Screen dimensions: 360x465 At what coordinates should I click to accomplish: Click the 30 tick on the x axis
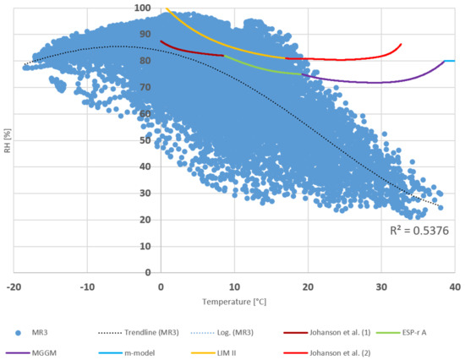pyautogui.click(x=381, y=287)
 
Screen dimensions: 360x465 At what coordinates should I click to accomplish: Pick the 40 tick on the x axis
pyautogui.click(x=454, y=287)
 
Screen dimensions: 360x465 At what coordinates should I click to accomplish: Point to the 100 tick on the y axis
pyautogui.click(x=143, y=8)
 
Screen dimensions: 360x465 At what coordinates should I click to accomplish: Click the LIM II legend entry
pyautogui.click(x=237, y=346)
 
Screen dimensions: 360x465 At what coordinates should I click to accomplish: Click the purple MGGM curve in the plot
pyautogui.click(x=380, y=82)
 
